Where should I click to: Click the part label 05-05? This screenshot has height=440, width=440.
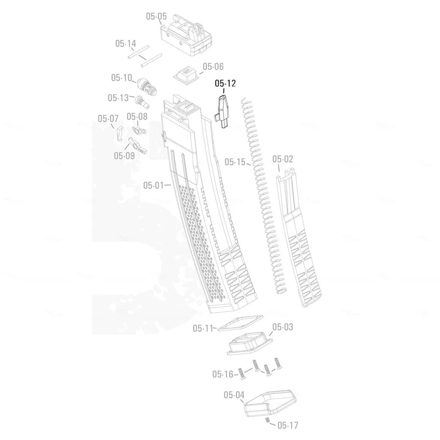156,16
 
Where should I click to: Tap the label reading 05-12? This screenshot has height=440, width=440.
225,84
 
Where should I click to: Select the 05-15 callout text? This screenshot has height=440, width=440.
235,161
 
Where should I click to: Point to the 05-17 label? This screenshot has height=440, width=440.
287,425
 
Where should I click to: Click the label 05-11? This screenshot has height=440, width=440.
203,328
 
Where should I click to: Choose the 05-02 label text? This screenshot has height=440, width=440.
283,159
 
